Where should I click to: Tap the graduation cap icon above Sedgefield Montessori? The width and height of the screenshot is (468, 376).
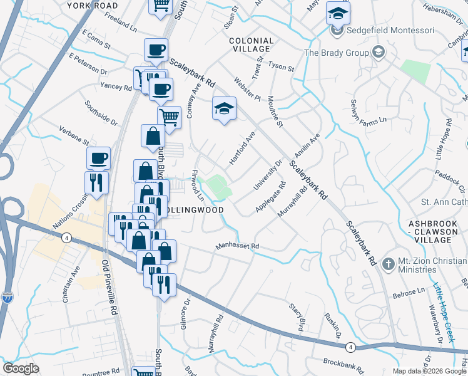click(338, 14)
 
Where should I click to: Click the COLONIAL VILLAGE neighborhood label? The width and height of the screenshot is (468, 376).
click(252, 44)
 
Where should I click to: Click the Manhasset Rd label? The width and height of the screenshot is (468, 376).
click(237, 247)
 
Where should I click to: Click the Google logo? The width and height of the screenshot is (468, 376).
click(21, 368)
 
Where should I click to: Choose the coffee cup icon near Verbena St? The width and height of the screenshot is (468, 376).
click(98, 158)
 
